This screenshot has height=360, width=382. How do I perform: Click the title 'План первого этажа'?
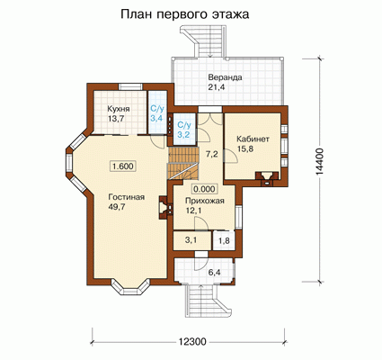tap(185, 14)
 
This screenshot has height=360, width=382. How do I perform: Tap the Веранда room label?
tap(226, 77)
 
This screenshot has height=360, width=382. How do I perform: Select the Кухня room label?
tap(119, 109)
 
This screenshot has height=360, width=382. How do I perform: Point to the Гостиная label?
tap(127, 197)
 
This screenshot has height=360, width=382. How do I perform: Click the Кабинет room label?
tap(253, 139)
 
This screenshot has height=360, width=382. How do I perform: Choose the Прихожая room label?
tap(205, 201)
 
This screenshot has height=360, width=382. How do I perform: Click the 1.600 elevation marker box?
tap(123, 166)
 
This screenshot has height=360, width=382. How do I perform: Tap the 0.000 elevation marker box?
tap(204, 189)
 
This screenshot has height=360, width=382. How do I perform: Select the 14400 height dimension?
tap(320, 162)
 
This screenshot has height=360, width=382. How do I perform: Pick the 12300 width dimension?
tap(192, 341)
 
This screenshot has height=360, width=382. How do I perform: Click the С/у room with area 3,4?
tap(156, 112)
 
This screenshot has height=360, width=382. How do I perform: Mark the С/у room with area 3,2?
tap(183, 130)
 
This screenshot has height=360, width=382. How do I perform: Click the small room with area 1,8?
tap(223, 240)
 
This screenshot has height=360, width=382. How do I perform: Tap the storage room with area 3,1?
tap(191, 240)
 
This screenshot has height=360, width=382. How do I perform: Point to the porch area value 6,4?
tap(214, 273)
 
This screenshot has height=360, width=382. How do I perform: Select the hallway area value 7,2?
tap(211, 155)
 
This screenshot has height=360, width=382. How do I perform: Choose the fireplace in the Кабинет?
tap(266, 178)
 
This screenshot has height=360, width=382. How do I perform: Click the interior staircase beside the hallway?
tap(183, 164)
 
